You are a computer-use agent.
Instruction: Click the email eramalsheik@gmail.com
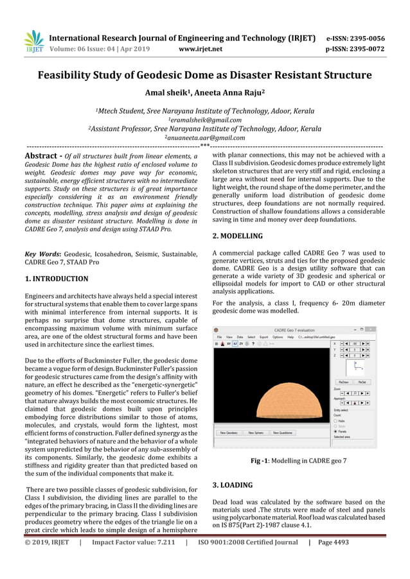tap(204, 119)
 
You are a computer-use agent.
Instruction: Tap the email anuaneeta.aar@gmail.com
tap(204, 137)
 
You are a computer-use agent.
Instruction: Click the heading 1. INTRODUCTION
tap(56, 279)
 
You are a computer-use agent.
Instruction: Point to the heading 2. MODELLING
tap(237, 236)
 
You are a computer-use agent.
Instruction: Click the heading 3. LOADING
tap(232, 485)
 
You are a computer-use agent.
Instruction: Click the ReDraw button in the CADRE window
tap(344, 381)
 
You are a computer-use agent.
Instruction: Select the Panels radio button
tap(337, 431)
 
